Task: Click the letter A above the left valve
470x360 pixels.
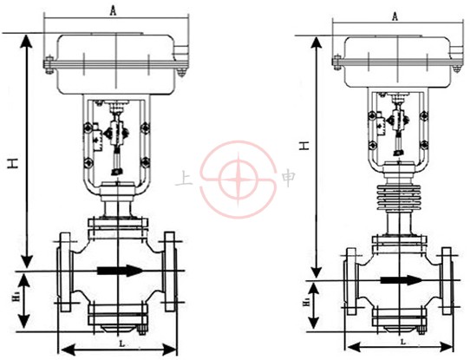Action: (113, 10)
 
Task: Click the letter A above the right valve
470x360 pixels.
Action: (395, 16)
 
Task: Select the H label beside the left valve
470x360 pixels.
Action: (13, 164)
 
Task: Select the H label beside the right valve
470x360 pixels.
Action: (305, 146)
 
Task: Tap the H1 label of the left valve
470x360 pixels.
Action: (15, 300)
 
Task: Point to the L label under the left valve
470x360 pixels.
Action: (122, 344)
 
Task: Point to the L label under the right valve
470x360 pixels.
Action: (403, 342)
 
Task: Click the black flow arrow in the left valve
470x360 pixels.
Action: (120, 271)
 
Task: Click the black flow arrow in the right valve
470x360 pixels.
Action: (401, 280)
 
